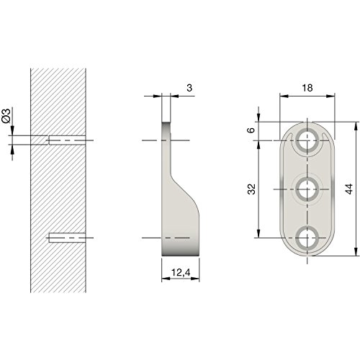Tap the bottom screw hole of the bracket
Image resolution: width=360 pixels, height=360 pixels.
point(308,237)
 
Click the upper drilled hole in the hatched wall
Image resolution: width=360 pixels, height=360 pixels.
point(67,140)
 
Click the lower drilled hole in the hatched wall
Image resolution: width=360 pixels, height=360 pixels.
point(67,237)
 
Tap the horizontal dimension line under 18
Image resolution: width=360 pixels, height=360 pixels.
point(307,96)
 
